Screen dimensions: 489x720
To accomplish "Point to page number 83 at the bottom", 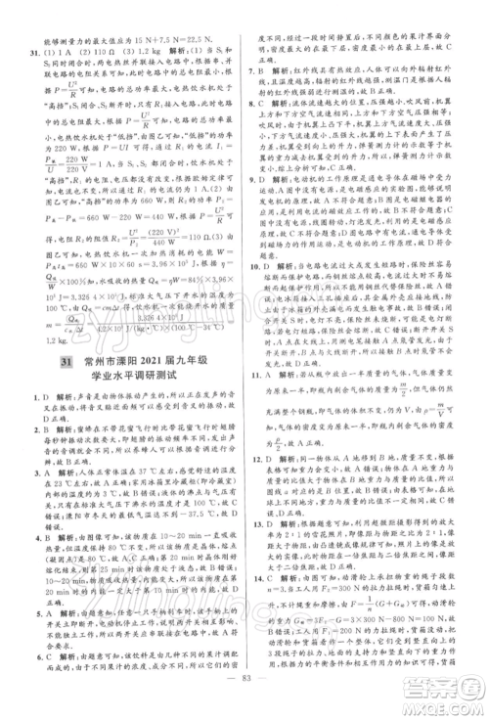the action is (244, 697).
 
